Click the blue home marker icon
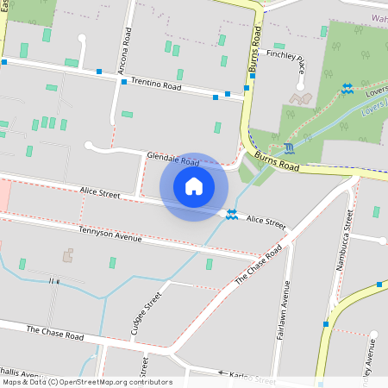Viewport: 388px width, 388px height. [x=194, y=186]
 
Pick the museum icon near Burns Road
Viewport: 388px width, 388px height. [x=287, y=147]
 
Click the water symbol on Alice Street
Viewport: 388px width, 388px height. [x=232, y=214]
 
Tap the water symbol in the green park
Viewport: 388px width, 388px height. [x=347, y=88]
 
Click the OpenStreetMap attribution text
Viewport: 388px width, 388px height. [x=87, y=382]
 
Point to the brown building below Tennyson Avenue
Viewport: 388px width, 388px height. [x=68, y=255]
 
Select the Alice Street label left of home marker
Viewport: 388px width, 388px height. [x=99, y=195]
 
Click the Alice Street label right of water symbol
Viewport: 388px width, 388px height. [x=266, y=222]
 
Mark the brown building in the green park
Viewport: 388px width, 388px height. [x=302, y=98]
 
